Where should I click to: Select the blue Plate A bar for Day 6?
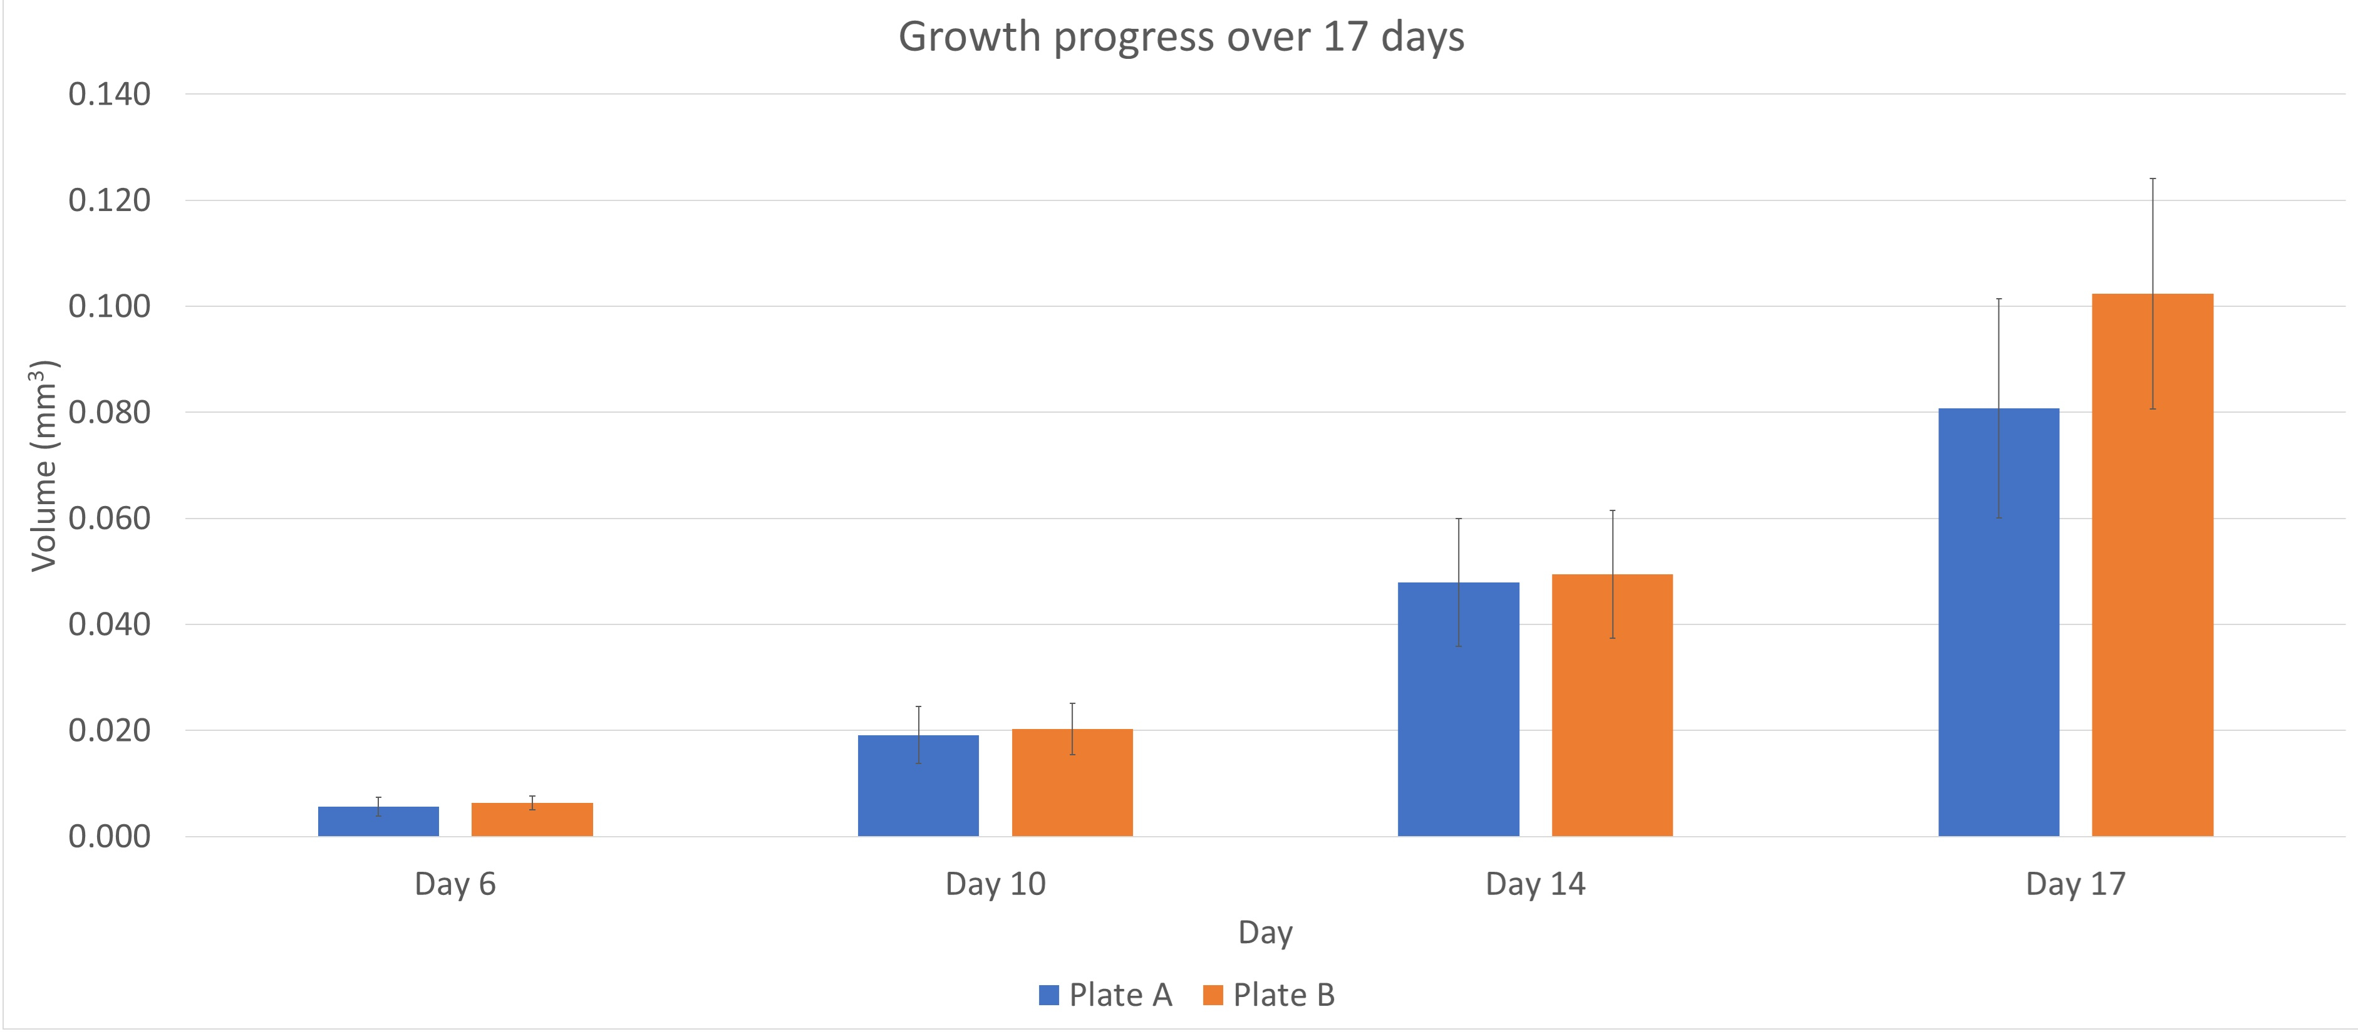point(378,821)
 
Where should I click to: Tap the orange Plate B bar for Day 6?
point(532,819)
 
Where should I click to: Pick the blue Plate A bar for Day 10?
point(918,785)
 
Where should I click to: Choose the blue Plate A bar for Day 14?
point(1458,709)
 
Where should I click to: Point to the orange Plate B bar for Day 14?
point(1612,705)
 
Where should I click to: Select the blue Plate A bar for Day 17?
point(1999,623)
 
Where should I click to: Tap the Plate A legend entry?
point(1106,995)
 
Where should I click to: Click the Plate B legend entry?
point(1269,995)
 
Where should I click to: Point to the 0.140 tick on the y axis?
point(109,93)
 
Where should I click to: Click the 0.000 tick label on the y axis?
point(109,836)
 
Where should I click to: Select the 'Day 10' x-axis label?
point(995,884)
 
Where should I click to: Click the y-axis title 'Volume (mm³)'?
point(43,466)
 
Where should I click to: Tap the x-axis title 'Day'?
point(1265,933)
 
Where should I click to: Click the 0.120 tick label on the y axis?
point(109,200)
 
